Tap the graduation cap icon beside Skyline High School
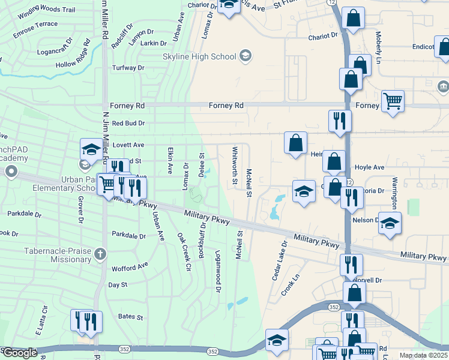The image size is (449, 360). pos(246,56)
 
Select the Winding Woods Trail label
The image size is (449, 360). pos(46,11)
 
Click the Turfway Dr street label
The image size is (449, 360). pos(128,68)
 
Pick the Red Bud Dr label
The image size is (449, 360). pos(128,123)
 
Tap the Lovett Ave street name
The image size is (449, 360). pos(128,145)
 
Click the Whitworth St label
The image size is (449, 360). pos(235,162)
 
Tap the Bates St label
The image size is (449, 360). pos(130,316)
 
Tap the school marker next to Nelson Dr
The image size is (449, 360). pos(390,223)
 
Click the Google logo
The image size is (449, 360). pos(20,353)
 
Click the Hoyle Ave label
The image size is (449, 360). pos(369,167)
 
